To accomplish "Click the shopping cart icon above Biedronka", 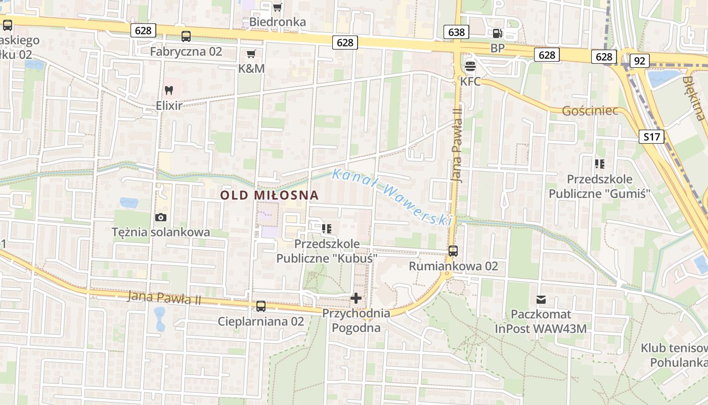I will (277, 7).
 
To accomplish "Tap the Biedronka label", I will (278, 22).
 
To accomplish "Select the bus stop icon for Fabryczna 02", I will (186, 36).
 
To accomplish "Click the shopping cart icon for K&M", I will (251, 54).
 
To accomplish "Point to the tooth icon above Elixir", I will (169, 91).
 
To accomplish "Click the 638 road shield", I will (456, 32).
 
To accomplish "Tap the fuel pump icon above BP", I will (498, 33).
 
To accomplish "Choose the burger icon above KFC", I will (470, 66).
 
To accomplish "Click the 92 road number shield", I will (640, 61).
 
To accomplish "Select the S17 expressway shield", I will (651, 136).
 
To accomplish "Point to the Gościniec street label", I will (590, 110).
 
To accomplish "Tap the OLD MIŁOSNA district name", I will (270, 195).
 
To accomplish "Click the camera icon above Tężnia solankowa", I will (161, 217).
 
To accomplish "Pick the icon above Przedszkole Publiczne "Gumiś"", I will (599, 164).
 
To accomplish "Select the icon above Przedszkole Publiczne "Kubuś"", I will (327, 228).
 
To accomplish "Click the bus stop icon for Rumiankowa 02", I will (453, 251).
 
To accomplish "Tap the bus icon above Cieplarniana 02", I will (261, 306).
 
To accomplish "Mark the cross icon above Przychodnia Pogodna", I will (356, 298).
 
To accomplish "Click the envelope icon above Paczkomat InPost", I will (542, 300).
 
